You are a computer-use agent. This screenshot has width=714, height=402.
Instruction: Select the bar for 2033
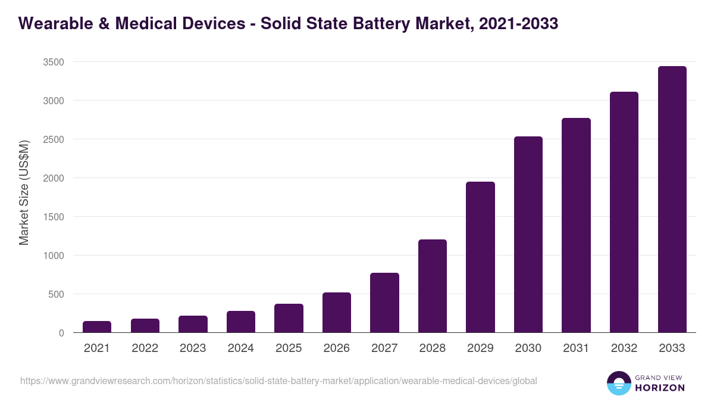pyautogui.click(x=672, y=200)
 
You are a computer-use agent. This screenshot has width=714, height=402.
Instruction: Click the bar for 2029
pyautogui.click(x=480, y=257)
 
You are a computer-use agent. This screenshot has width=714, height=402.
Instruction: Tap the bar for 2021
pyautogui.click(x=97, y=327)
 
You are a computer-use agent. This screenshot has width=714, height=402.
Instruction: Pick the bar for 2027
pyautogui.click(x=384, y=303)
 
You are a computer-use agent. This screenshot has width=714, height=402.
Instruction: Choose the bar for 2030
pyautogui.click(x=528, y=235)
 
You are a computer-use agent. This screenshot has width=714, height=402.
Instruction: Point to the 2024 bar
pyautogui.click(x=240, y=322)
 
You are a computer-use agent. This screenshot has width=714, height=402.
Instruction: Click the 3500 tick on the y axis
pyautogui.click(x=53, y=62)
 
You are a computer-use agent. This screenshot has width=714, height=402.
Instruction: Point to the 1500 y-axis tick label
pyautogui.click(x=53, y=217)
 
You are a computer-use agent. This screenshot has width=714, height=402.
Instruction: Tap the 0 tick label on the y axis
pyautogui.click(x=61, y=333)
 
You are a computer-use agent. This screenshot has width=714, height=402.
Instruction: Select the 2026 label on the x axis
pyautogui.click(x=336, y=348)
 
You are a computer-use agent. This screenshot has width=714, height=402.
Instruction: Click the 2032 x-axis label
pyautogui.click(x=624, y=348)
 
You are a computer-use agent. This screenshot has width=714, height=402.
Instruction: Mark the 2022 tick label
pyautogui.click(x=145, y=348)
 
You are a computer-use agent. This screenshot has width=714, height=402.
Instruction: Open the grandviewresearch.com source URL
pyautogui.click(x=278, y=381)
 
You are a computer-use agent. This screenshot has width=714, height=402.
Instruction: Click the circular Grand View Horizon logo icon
pyautogui.click(x=619, y=383)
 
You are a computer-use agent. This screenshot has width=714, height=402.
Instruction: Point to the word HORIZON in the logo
pyautogui.click(x=660, y=388)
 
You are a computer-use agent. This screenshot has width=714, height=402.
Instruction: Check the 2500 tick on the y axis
pyautogui.click(x=53, y=139)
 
